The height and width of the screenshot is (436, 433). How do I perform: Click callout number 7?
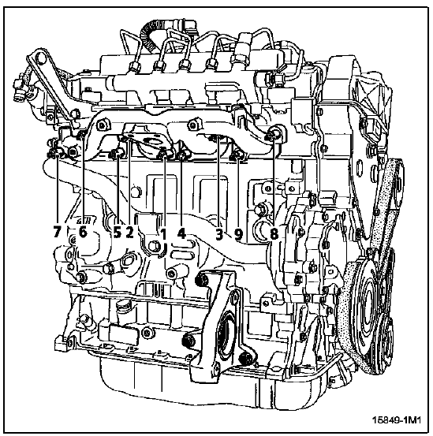[57, 231]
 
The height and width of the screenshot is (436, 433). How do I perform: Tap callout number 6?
[83, 231]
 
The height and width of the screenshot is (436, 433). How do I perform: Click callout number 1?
[163, 233]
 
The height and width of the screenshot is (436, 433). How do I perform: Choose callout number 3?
[219, 233]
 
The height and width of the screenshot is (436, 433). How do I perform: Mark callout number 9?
[238, 233]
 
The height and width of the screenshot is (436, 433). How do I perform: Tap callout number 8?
[274, 233]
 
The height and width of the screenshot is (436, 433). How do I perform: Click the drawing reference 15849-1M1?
[397, 419]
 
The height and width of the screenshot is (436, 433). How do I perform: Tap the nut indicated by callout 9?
[237, 156]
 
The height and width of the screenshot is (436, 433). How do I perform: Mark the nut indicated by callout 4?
[182, 155]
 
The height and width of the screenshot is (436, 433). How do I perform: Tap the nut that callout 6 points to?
[81, 135]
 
